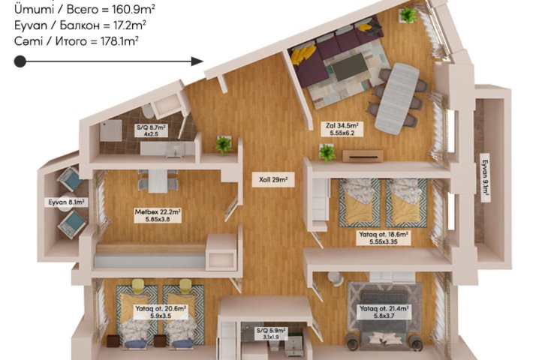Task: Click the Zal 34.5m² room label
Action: coord(342,129)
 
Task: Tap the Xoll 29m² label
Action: coord(273,180)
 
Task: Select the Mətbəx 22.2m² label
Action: coord(158,215)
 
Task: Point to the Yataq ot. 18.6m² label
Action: coord(384,238)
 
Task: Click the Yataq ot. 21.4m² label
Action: coord(384,312)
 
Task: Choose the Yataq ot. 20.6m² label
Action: coord(161,312)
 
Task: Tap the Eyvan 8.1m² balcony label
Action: coord(66,202)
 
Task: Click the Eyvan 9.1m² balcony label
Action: coord(485,178)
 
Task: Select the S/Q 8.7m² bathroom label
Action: coord(151,130)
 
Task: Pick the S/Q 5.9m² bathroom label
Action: coord(271,334)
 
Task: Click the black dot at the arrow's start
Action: coord(20,61)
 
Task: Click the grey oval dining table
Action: coord(397,98)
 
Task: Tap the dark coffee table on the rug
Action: coord(350,66)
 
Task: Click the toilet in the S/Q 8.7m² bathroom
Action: coord(148,112)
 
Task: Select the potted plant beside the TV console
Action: coord(327,152)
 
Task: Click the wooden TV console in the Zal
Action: coord(363,156)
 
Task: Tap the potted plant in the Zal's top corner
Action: coord(408,15)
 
